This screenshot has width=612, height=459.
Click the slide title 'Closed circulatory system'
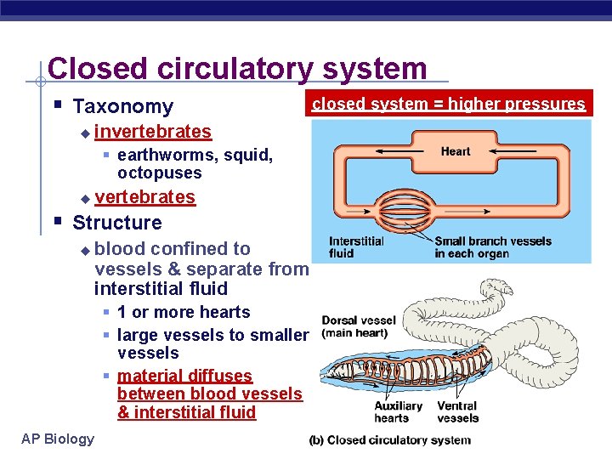[x=237, y=68]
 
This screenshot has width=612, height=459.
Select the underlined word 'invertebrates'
[x=153, y=132]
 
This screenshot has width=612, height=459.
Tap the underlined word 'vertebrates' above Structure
[x=144, y=197]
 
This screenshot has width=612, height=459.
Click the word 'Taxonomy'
[x=122, y=106]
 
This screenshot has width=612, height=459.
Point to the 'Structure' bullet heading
[x=116, y=223]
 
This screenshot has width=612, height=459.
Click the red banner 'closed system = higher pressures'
[x=448, y=105]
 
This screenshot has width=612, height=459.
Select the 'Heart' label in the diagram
[x=455, y=151]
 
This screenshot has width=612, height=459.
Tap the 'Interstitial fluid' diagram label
[x=356, y=246]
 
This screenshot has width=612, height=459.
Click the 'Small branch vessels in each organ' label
[x=492, y=246]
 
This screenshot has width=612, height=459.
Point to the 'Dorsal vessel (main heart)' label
[x=359, y=326]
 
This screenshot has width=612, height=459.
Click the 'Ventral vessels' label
[x=457, y=411]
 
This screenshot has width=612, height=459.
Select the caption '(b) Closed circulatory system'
[x=389, y=440]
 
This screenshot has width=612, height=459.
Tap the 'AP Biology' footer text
[x=58, y=439]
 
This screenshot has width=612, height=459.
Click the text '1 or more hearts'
[x=183, y=312]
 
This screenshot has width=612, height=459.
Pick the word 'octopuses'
[x=159, y=173]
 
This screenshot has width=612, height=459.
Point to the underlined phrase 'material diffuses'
[x=184, y=376]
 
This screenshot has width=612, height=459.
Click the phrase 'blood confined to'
[x=173, y=249]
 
